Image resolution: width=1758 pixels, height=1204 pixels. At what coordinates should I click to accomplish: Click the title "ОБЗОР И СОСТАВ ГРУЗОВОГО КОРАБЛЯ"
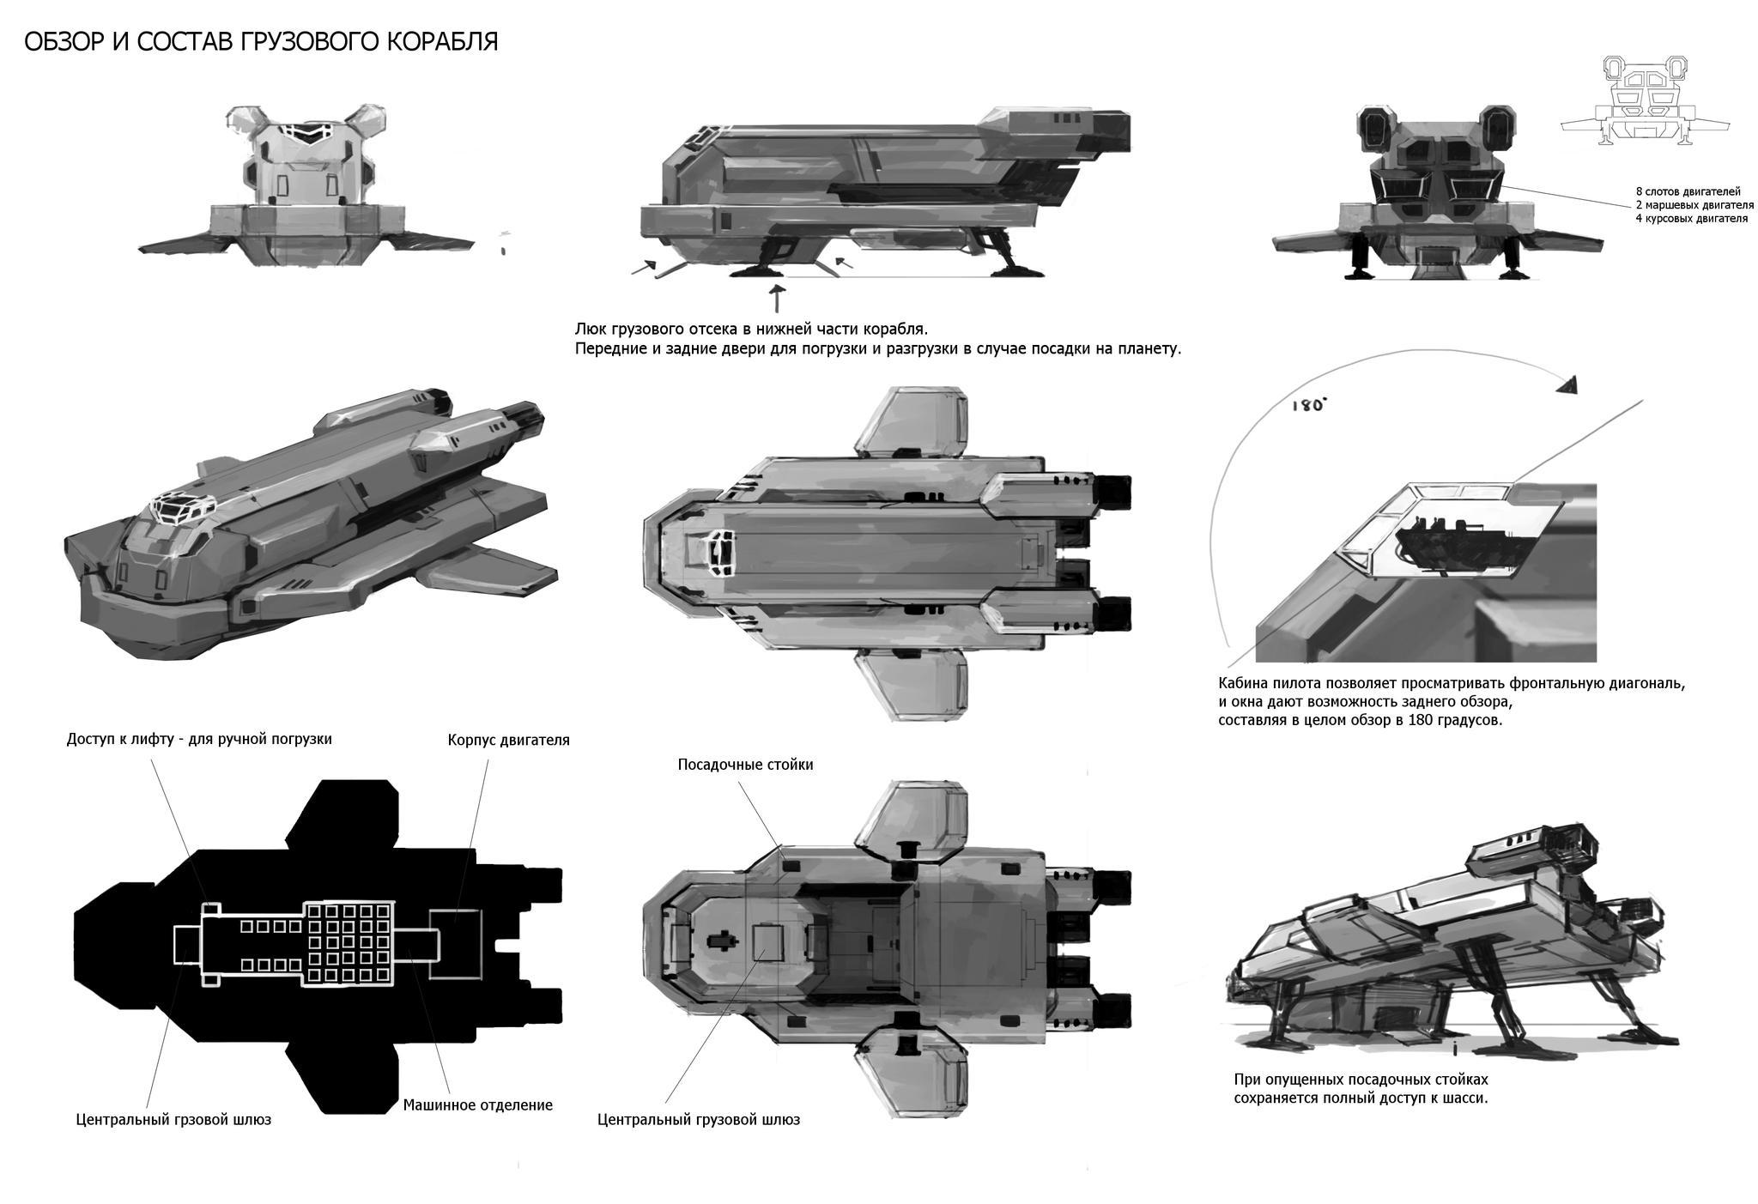[261, 42]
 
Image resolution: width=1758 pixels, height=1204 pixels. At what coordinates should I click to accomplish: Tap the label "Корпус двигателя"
[508, 740]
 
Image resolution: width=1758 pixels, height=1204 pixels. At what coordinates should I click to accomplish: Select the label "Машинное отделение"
[477, 1105]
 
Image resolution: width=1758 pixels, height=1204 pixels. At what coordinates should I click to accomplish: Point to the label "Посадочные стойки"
[745, 765]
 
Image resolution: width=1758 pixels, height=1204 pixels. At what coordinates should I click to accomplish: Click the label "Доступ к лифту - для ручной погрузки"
[199, 739]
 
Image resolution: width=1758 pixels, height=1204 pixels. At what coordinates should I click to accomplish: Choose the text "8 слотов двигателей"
[1688, 191]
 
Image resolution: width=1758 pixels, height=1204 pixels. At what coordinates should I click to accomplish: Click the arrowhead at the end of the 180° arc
[1568, 386]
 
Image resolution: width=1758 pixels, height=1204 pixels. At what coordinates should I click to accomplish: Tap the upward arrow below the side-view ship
[778, 299]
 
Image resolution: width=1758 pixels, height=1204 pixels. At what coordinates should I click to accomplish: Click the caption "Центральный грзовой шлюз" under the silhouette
[173, 1119]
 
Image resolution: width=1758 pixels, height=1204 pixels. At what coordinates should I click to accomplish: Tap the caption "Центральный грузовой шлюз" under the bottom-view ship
[698, 1119]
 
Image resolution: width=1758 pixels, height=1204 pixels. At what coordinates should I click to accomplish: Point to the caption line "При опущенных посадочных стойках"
[1361, 1080]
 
